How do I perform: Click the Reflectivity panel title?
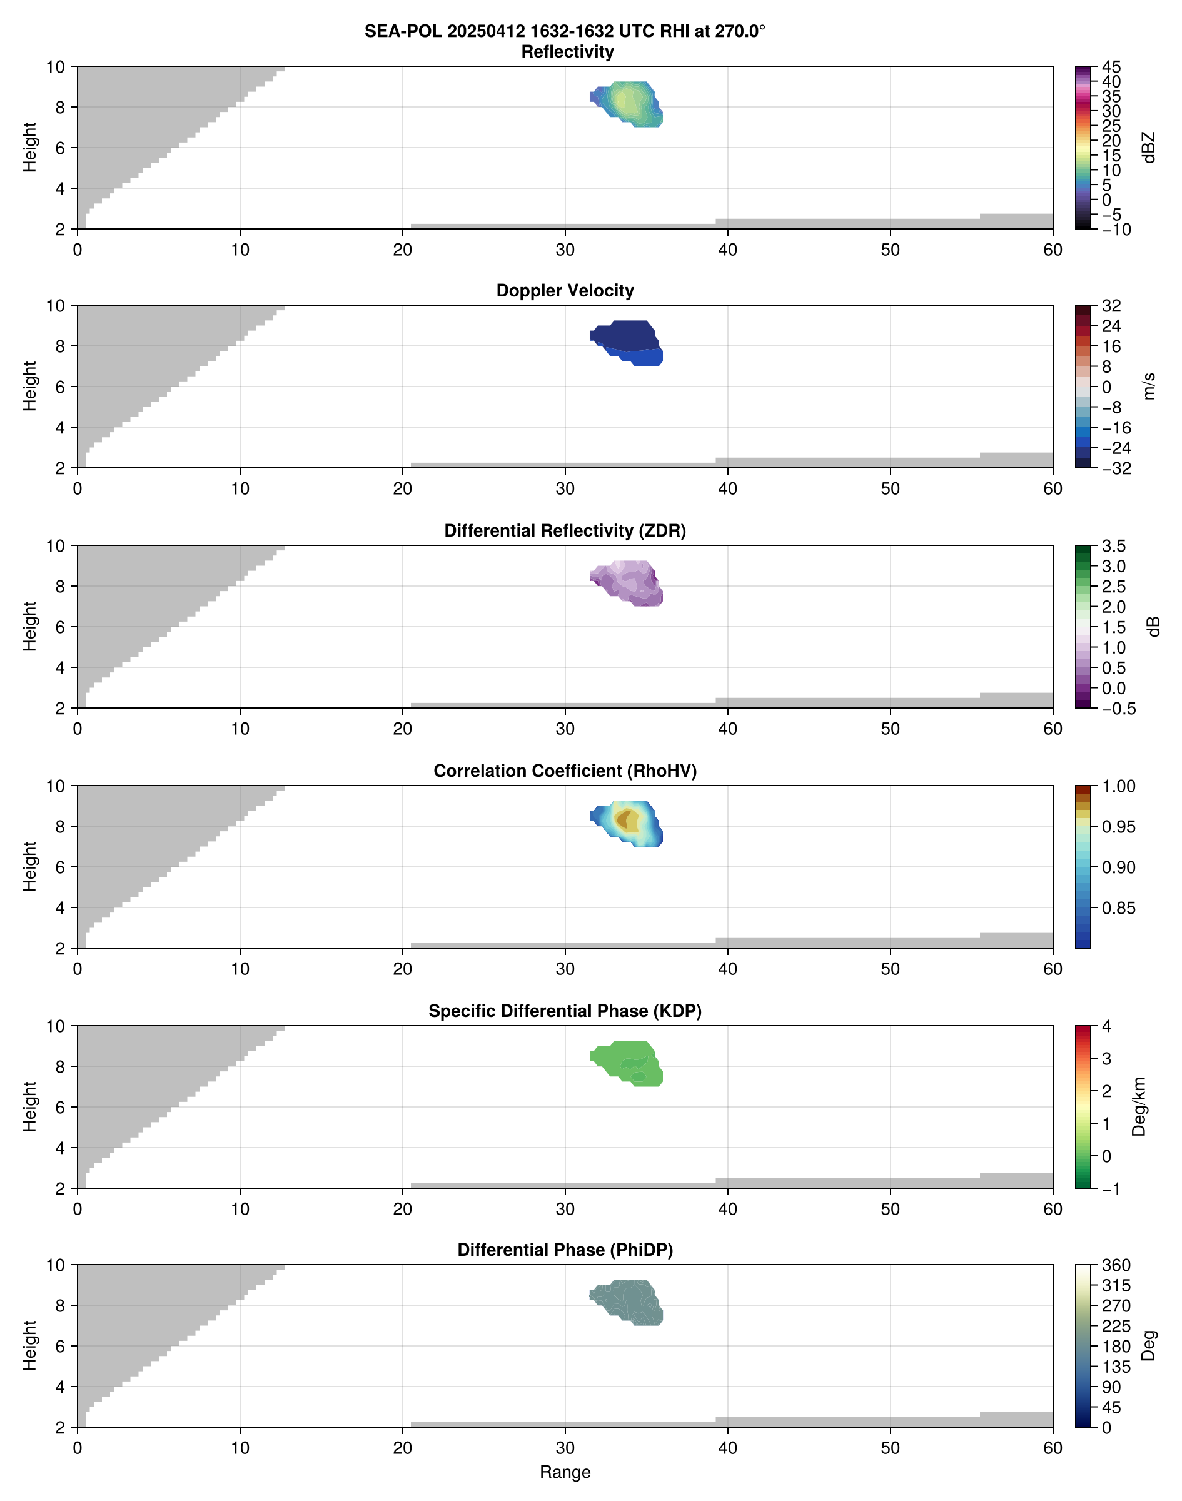pyautogui.click(x=567, y=52)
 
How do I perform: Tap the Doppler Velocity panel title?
pyautogui.click(x=565, y=291)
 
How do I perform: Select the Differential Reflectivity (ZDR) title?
pyautogui.click(x=565, y=531)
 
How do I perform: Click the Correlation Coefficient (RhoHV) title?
pyautogui.click(x=565, y=771)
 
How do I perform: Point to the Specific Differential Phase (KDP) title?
pyautogui.click(x=565, y=1011)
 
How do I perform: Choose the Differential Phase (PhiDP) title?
pyautogui.click(x=565, y=1250)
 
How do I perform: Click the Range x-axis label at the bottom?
pyautogui.click(x=565, y=1472)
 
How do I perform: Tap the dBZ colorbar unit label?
pyautogui.click(x=1149, y=148)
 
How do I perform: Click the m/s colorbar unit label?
pyautogui.click(x=1149, y=386)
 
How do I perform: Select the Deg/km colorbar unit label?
pyautogui.click(x=1138, y=1106)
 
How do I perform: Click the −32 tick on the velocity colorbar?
pyautogui.click(x=1116, y=468)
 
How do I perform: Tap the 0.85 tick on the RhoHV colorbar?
pyautogui.click(x=1118, y=908)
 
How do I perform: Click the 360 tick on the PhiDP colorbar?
pyautogui.click(x=1116, y=1265)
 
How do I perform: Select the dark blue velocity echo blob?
pyautogui.click(x=626, y=336)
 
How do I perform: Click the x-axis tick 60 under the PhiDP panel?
pyautogui.click(x=1052, y=1448)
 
